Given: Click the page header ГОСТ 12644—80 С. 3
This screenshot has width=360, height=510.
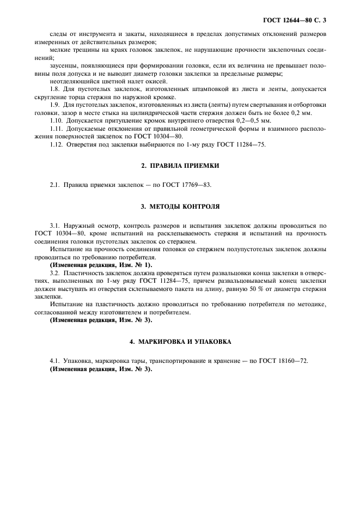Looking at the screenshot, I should (x=297, y=20).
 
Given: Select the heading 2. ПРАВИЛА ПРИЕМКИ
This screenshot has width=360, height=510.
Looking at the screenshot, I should (x=180, y=165).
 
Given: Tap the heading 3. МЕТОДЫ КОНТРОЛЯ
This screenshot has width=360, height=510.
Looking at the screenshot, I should (x=180, y=207).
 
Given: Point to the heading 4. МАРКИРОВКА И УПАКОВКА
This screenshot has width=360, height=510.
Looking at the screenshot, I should (x=180, y=342).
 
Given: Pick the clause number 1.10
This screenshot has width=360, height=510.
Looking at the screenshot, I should (x=56, y=120).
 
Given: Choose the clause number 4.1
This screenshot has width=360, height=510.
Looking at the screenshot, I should (x=54, y=361).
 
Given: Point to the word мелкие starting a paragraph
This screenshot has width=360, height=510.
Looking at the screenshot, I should (x=60, y=50).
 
